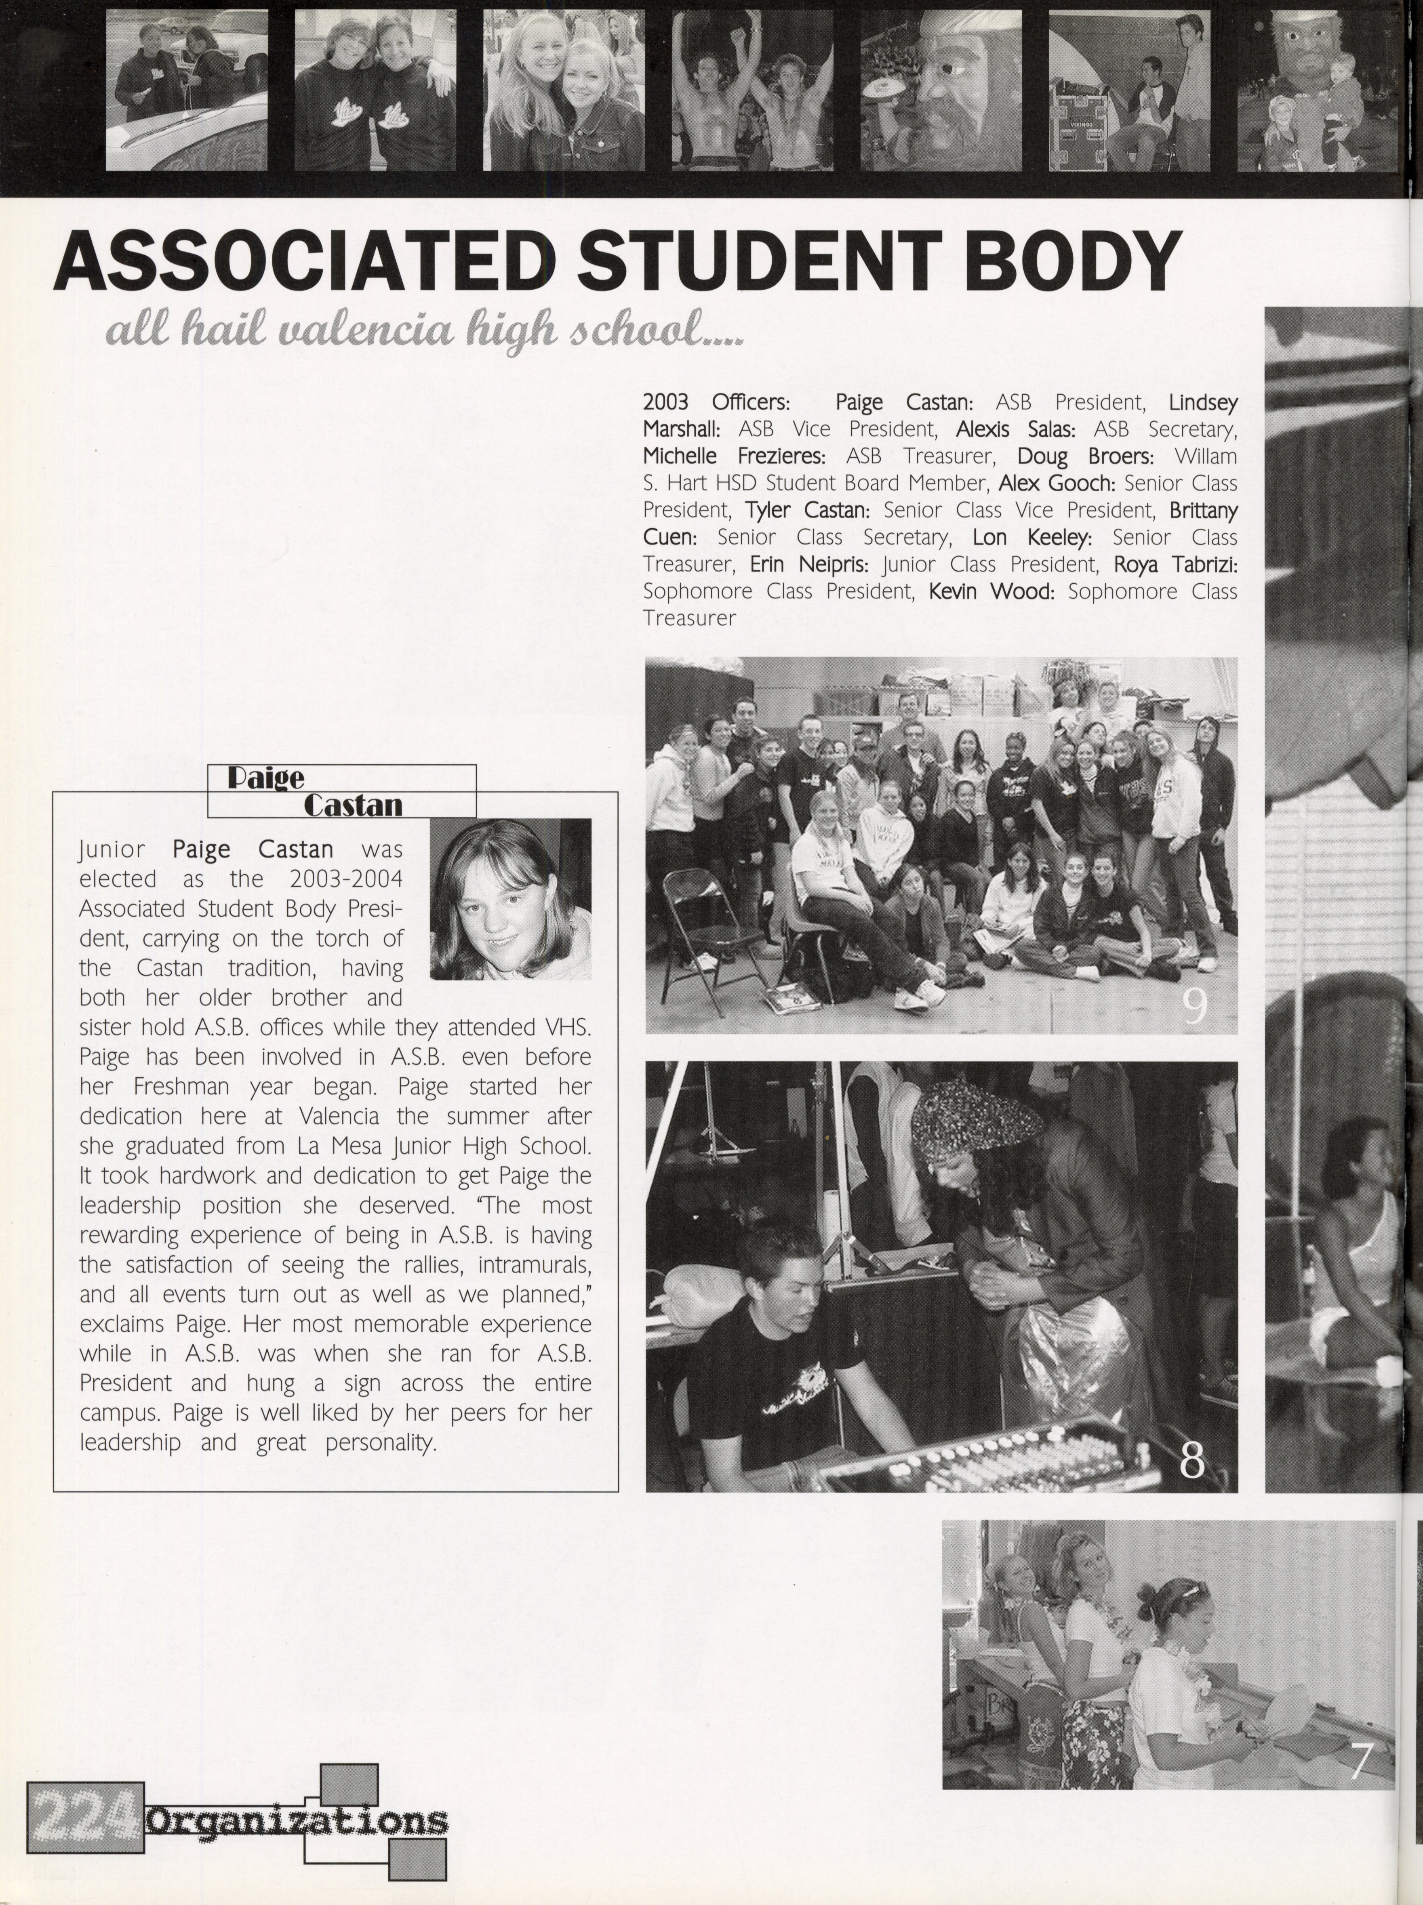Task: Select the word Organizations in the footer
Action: point(297,1821)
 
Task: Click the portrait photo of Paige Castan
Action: point(510,898)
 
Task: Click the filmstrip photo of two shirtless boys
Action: point(752,90)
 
